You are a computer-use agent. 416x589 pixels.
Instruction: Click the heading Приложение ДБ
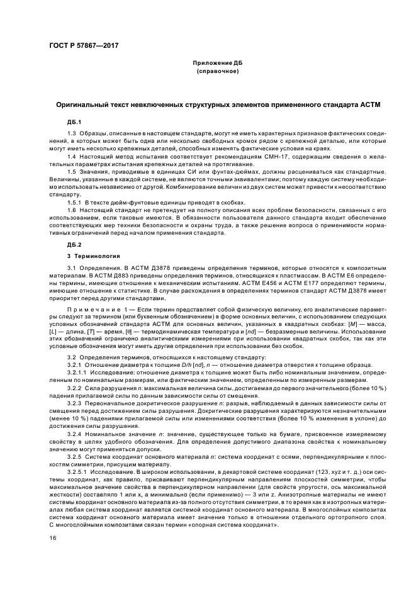(x=216, y=64)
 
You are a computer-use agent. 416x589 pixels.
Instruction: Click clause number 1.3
(x=72, y=135)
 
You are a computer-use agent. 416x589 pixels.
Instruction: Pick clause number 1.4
(x=72, y=155)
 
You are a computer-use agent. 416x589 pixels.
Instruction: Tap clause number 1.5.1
(x=74, y=202)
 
